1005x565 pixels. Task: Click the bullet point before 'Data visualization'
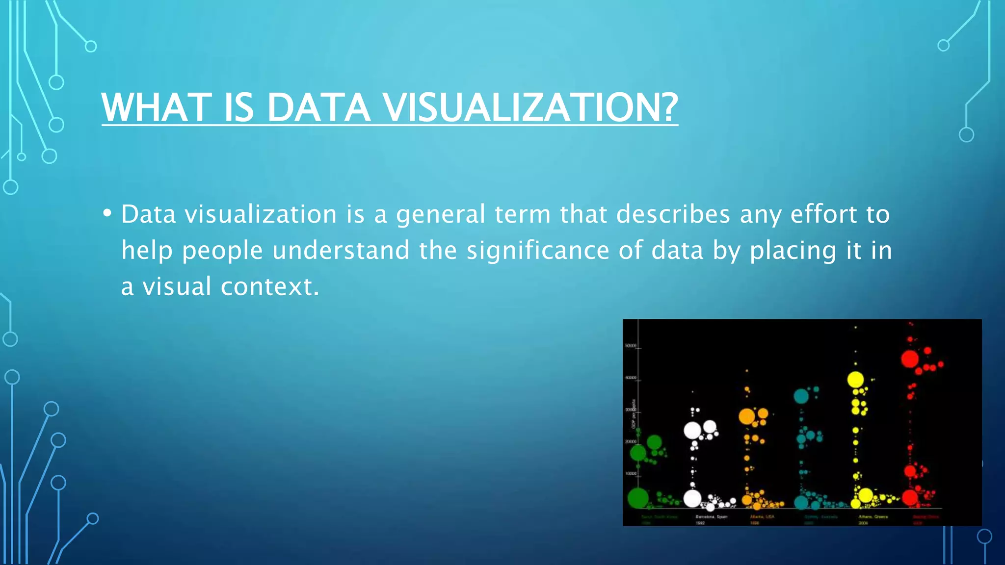[107, 214]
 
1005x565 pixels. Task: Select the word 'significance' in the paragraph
[537, 250]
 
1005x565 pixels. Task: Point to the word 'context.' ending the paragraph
[270, 286]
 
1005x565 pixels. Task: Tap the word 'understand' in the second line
[341, 250]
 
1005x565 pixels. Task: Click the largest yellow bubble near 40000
[855, 380]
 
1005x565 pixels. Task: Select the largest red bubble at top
[910, 359]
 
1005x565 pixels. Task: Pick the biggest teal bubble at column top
[801, 396]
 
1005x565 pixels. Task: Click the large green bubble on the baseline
[638, 498]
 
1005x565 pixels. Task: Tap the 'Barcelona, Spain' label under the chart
[711, 517]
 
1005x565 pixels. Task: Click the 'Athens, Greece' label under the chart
[873, 517]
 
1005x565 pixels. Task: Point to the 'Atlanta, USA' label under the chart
[762, 517]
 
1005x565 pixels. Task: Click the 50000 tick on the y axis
[631, 346]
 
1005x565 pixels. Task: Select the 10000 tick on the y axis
[631, 474]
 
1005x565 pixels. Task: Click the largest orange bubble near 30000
[746, 417]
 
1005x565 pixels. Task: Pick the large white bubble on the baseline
[692, 499]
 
